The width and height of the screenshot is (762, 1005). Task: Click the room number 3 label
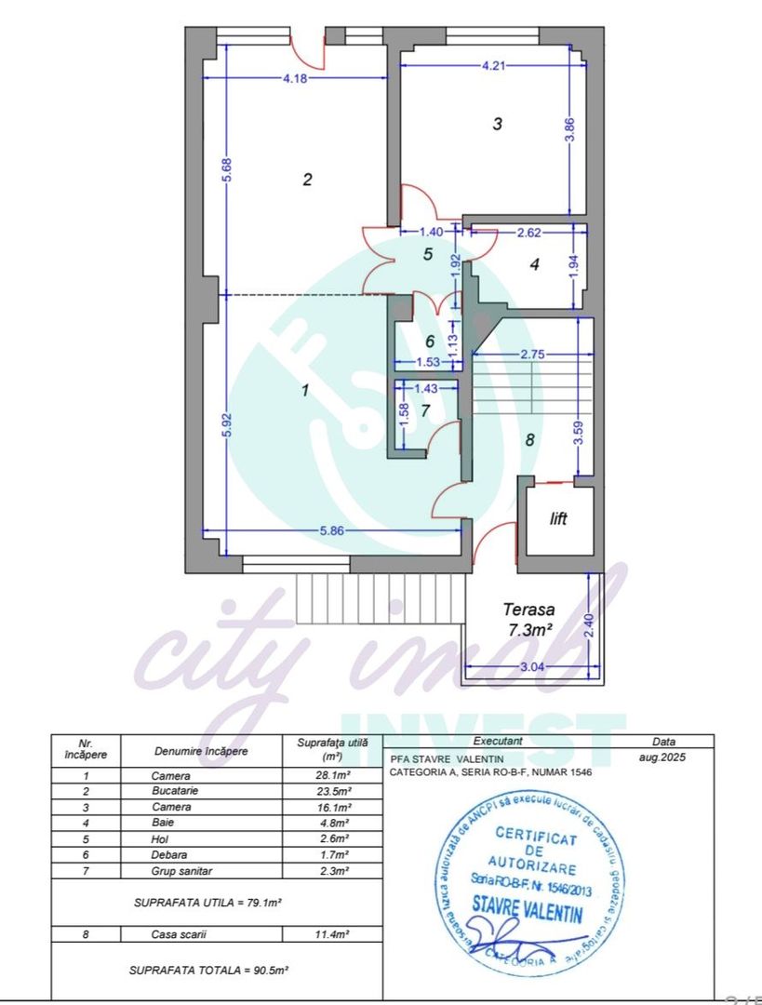click(497, 124)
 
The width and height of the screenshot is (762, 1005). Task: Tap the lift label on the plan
click(558, 519)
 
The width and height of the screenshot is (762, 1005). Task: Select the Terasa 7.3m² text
click(528, 620)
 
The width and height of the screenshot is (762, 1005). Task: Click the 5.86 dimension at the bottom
click(332, 530)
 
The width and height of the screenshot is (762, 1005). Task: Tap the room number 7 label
click(426, 410)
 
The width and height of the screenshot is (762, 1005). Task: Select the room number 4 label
click(534, 264)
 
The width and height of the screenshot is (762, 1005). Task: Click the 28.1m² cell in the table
click(332, 775)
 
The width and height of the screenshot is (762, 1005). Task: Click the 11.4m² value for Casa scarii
click(332, 934)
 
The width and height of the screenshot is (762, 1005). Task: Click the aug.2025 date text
click(664, 758)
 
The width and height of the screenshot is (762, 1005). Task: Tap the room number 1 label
click(304, 391)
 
